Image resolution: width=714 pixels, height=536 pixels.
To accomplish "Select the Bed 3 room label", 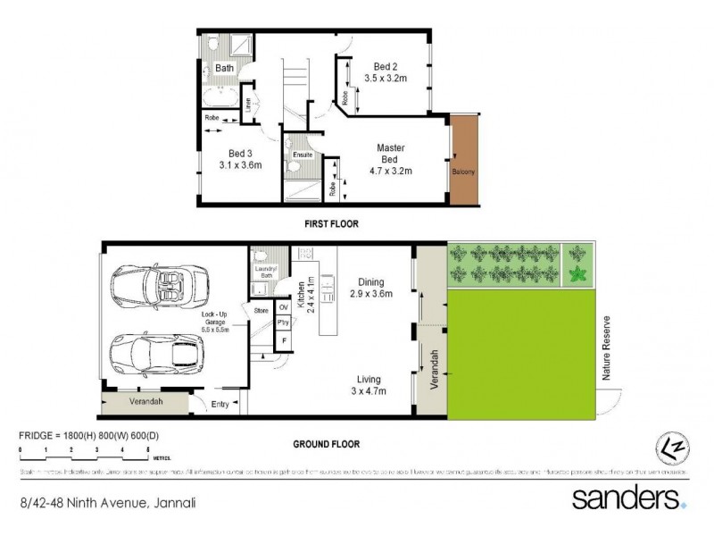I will [237, 158].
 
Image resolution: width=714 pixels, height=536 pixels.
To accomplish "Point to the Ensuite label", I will [303, 155].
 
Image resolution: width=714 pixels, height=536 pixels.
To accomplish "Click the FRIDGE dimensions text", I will [88, 435].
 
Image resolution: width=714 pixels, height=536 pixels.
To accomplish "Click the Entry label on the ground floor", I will [220, 405].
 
